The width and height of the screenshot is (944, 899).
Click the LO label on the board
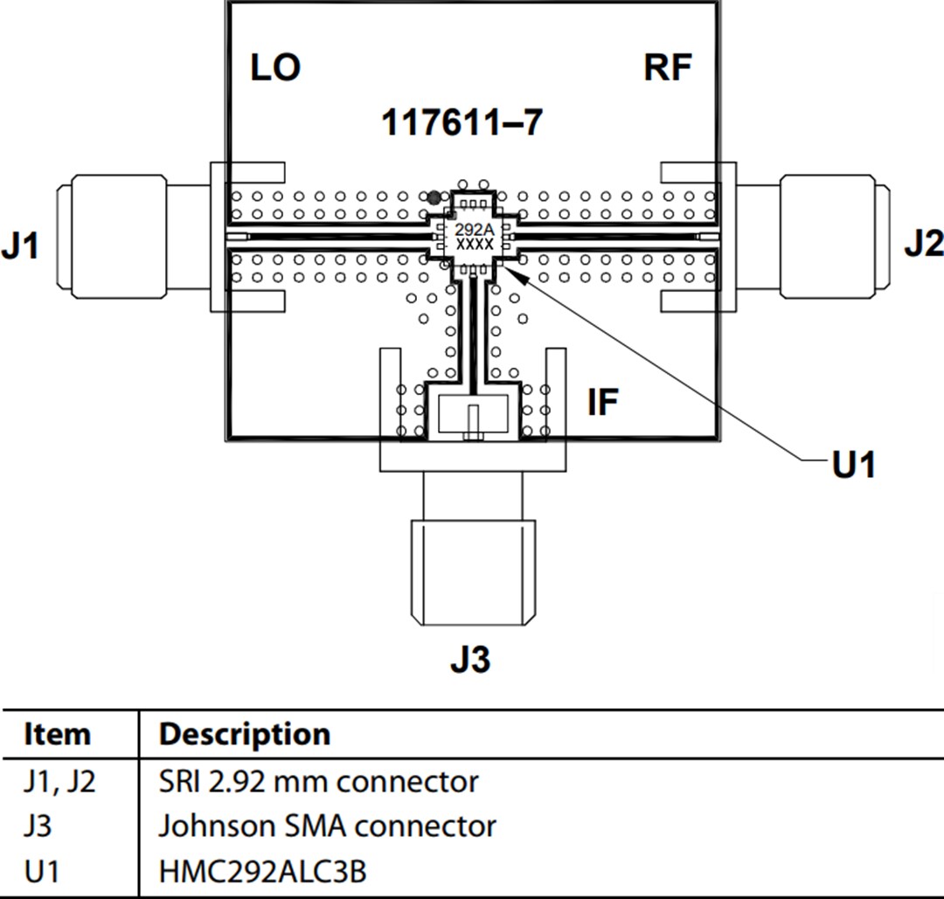(275, 67)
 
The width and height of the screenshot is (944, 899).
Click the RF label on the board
(667, 67)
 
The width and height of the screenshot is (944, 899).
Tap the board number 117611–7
(462, 123)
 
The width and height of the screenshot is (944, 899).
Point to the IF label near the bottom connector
(602, 403)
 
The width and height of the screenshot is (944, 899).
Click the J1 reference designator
(20, 247)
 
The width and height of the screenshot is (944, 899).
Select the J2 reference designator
(923, 245)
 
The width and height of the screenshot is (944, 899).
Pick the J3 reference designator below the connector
(470, 660)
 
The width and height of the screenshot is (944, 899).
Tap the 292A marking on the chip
(475, 230)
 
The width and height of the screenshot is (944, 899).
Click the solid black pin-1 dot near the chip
(434, 197)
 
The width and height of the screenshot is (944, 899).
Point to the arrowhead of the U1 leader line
(512, 273)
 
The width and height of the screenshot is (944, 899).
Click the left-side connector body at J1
(114, 234)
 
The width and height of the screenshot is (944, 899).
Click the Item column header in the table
(57, 734)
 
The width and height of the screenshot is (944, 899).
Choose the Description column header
(244, 734)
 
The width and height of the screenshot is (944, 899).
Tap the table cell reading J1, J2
(59, 781)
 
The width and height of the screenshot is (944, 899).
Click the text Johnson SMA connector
(327, 826)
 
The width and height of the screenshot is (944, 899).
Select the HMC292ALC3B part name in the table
(262, 871)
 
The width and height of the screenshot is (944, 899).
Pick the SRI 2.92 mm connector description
(318, 781)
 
